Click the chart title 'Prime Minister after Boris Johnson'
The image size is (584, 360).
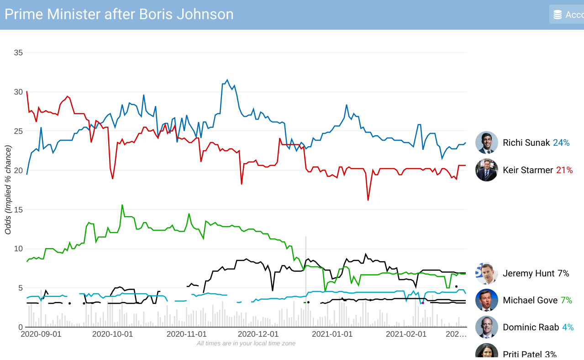(119, 14)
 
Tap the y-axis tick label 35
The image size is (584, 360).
(18, 53)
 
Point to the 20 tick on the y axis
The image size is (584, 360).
(18, 170)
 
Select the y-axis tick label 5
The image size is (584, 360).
(20, 288)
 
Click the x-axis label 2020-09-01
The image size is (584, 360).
(41, 334)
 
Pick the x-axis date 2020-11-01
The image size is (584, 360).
(186, 334)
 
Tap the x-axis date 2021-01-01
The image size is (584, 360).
(332, 334)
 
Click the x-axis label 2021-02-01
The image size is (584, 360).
(406, 334)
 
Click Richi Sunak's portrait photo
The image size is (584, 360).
(486, 143)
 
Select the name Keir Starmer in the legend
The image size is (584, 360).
(528, 170)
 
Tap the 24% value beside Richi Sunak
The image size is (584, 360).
(561, 143)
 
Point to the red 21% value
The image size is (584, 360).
(564, 170)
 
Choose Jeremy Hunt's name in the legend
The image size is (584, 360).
(529, 273)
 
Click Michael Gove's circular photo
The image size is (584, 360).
(486, 300)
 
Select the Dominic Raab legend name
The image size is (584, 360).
(531, 327)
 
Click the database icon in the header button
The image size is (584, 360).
(558, 15)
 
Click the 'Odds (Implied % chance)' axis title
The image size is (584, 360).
(8, 190)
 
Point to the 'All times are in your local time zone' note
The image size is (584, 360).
(246, 343)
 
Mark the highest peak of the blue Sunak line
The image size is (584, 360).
(227, 80)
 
